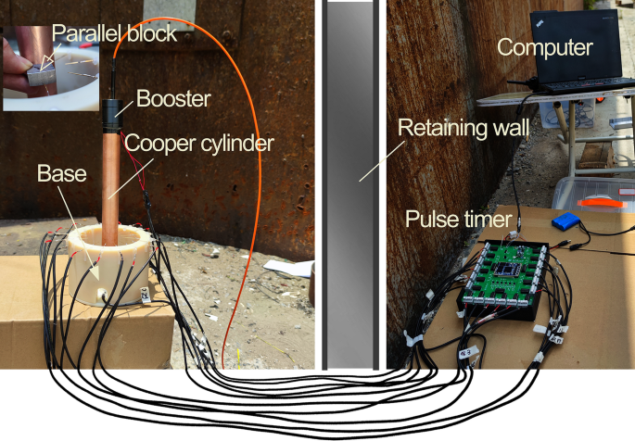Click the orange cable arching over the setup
point(243,139)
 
